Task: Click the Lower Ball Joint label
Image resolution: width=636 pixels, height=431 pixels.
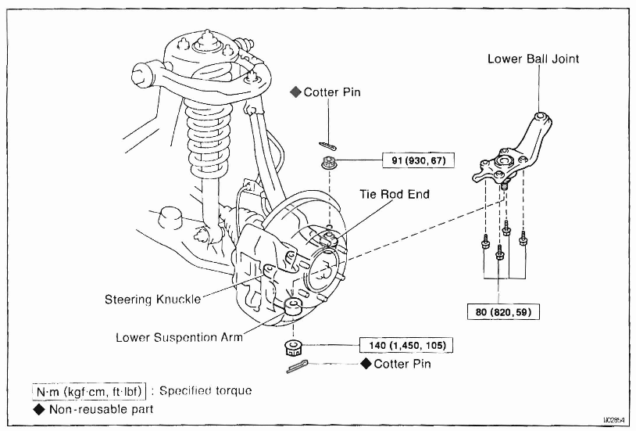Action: coord(534,59)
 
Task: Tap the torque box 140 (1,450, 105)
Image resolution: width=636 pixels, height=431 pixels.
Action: coord(406,344)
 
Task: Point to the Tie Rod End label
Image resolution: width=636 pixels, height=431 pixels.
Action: coord(395,194)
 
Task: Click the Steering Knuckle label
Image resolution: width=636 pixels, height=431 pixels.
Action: coord(152,299)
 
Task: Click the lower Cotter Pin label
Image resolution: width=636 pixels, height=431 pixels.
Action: coord(402,365)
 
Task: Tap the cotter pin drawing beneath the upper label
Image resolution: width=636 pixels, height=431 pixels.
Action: coord(327,144)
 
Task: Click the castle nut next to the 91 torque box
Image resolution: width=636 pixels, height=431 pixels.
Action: coord(327,163)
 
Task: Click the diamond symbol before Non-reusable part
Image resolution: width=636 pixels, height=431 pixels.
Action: coord(38,408)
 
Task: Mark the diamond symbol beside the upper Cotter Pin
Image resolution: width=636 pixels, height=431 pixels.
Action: coord(295,92)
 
